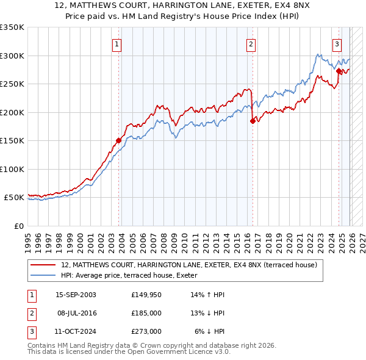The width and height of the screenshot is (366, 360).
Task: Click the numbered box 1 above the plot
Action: coord(117,43)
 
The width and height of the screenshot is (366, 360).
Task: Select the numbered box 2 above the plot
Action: coord(251,43)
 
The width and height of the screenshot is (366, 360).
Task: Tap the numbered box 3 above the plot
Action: coord(336,43)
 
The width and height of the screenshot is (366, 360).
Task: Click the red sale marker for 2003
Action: coord(119,140)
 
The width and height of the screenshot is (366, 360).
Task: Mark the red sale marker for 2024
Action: coord(339,71)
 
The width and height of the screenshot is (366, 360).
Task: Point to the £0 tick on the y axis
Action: coord(18,226)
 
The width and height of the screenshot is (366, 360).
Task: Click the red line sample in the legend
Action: coord(44,265)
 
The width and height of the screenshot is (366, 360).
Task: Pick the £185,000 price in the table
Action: coord(146,313)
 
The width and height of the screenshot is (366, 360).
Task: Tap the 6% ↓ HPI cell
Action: coord(209,331)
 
